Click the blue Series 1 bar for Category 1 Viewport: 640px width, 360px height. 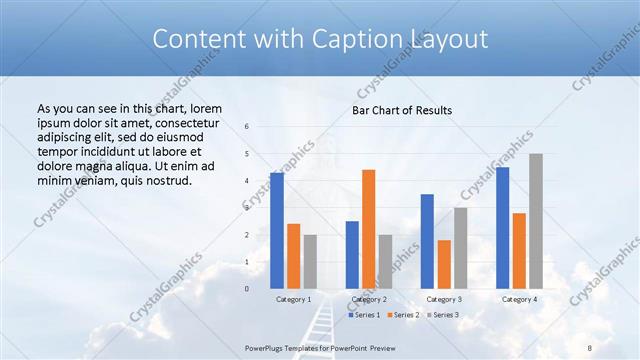click(277, 230)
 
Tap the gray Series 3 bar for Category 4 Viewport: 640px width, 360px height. click(536, 221)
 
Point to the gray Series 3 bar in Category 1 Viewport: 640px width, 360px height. click(310, 261)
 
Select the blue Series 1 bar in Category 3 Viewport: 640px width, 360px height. click(427, 241)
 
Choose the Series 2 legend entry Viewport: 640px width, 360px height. click(402, 315)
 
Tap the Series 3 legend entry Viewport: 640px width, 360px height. click(441, 315)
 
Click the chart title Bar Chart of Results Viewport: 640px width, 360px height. click(402, 110)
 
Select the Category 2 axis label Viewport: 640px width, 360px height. click(368, 299)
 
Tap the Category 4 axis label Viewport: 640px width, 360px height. click(519, 299)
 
